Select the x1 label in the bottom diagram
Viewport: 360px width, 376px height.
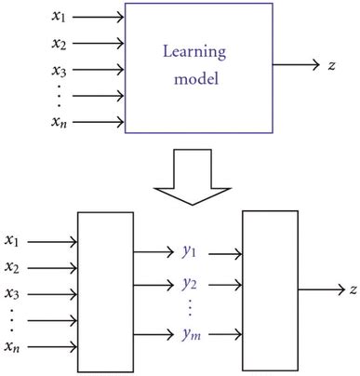click(14, 241)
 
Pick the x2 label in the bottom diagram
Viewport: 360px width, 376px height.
click(14, 268)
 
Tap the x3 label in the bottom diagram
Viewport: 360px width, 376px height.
click(14, 294)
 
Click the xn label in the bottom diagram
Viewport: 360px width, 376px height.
click(14, 347)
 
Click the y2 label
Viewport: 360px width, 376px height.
click(191, 282)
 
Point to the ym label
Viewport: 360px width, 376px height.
click(192, 334)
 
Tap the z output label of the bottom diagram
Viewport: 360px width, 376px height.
click(353, 291)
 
